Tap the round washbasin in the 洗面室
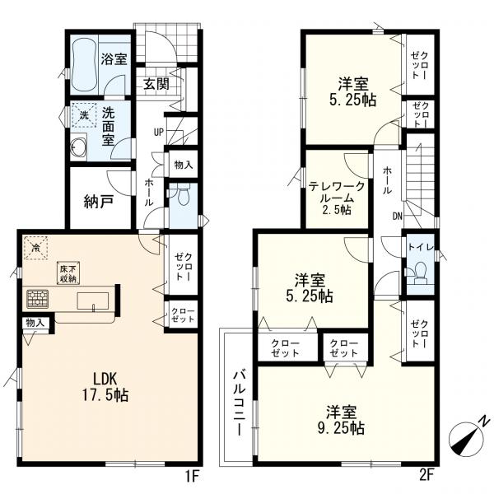[78, 147]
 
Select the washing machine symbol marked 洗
[84, 115]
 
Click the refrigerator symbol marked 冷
[36, 248]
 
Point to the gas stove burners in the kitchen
[38, 299]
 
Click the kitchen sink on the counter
[93, 301]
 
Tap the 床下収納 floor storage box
[68, 273]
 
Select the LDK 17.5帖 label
[105, 386]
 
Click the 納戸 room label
[99, 202]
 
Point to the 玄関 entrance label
[156, 84]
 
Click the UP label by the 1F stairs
[159, 133]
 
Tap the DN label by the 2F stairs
[398, 216]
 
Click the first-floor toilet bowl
[183, 196]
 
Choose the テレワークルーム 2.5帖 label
[336, 198]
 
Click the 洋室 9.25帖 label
[341, 420]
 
